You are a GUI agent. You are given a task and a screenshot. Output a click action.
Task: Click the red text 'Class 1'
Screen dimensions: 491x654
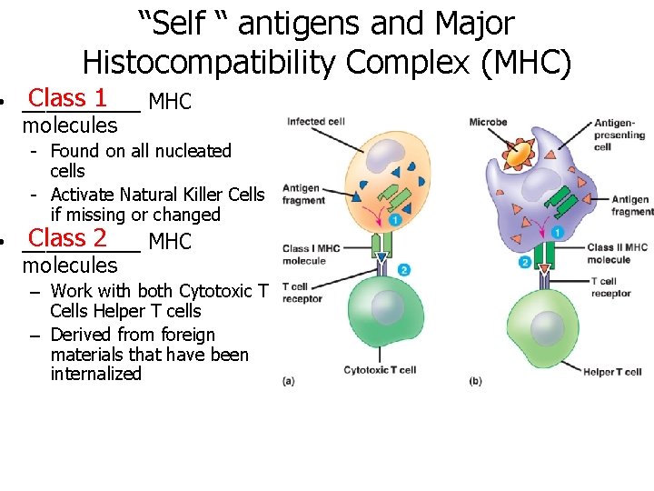click(x=68, y=97)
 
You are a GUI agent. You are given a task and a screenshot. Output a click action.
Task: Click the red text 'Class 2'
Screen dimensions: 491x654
click(x=68, y=238)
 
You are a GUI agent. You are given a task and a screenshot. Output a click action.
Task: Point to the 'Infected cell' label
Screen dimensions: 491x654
click(x=316, y=122)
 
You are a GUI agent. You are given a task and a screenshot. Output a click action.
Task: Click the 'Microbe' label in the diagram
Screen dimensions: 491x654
click(x=489, y=123)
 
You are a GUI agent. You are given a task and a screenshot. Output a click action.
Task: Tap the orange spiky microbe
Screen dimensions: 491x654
click(x=519, y=155)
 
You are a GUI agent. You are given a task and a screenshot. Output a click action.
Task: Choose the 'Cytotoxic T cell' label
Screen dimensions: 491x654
click(x=380, y=370)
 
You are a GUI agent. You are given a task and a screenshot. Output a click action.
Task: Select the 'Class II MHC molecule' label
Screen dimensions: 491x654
click(x=617, y=253)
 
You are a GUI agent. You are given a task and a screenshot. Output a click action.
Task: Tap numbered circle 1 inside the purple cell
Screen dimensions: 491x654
click(x=556, y=232)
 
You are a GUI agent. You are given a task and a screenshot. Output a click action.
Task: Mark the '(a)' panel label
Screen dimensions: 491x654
click(x=289, y=381)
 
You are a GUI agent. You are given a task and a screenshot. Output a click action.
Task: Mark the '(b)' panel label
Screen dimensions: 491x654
click(x=476, y=381)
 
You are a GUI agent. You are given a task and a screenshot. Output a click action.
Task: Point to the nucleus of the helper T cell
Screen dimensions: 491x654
click(x=547, y=328)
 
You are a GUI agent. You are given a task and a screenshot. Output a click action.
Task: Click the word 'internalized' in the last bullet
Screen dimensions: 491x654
click(x=96, y=374)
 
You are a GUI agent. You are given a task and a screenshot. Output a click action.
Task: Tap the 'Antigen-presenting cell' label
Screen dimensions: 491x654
click(x=619, y=135)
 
